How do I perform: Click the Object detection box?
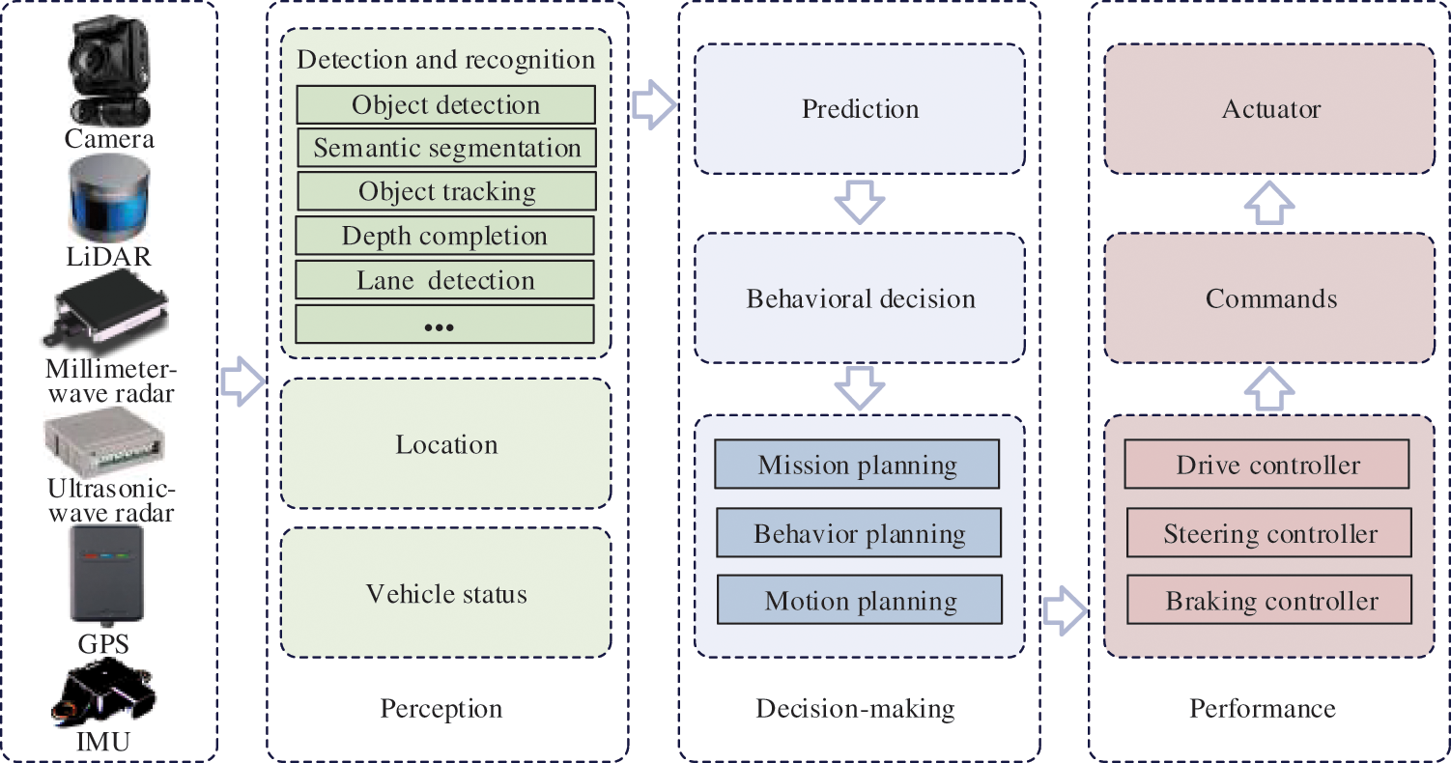(x=445, y=104)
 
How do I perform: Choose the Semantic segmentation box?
(x=446, y=148)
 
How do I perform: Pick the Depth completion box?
(x=444, y=236)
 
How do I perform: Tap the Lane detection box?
(x=444, y=280)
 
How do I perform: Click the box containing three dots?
(x=444, y=325)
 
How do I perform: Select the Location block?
(x=446, y=444)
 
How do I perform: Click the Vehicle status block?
(x=446, y=592)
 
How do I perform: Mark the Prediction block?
(x=860, y=108)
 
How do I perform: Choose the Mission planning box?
(x=857, y=466)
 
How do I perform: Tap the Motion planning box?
(x=860, y=601)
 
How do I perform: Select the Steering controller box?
(x=1269, y=533)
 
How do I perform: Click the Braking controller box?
(x=1270, y=601)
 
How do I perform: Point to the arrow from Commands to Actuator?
(x=1269, y=203)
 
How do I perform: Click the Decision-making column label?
(x=855, y=709)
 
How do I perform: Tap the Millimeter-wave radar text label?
(x=111, y=381)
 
